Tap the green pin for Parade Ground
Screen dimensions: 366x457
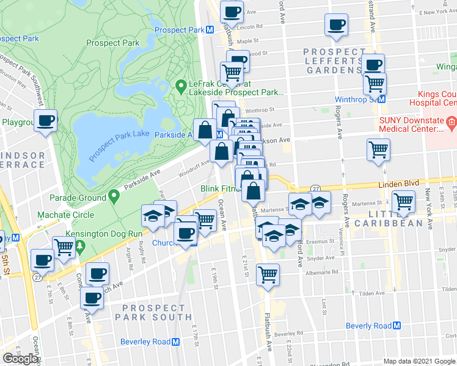coord(114,196)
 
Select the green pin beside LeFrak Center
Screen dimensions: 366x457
coord(181,87)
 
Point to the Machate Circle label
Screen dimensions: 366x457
coord(65,215)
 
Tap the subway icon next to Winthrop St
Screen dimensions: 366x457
coord(381,99)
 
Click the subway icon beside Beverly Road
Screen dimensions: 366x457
coord(395,326)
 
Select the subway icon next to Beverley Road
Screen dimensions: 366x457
coord(175,342)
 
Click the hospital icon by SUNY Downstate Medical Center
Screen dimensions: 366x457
coord(452,123)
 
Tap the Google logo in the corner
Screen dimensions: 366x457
coord(20,358)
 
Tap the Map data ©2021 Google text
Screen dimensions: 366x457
coord(419,361)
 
